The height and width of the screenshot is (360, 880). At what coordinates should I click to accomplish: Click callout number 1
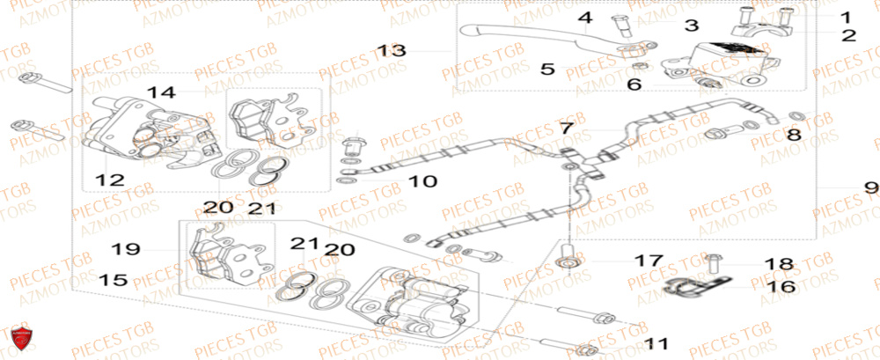pos(845,17)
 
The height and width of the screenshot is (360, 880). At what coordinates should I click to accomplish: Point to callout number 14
pos(162,92)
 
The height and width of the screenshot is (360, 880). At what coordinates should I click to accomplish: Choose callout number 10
pos(422,181)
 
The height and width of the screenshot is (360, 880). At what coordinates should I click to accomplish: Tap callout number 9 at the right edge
pos(869,187)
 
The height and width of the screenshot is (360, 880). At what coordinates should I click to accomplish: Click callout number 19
pos(126,249)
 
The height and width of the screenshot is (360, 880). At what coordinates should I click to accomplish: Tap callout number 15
pos(114,281)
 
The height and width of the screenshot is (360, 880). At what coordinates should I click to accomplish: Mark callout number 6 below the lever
pos(634,84)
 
